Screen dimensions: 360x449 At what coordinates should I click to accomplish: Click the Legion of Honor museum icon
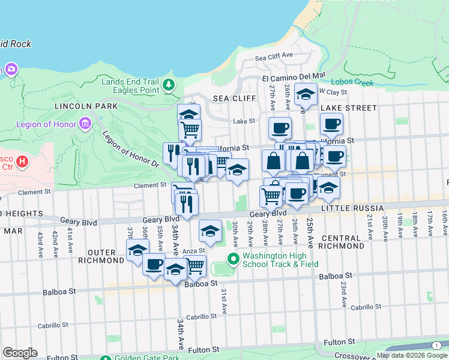point(85,124)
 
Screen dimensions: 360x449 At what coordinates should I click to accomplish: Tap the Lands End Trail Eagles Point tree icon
point(169,85)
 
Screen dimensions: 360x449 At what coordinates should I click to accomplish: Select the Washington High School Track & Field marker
point(234,260)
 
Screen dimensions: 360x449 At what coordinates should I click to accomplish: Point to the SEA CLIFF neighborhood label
point(234,98)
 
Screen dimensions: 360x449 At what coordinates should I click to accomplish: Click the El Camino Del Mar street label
point(294,77)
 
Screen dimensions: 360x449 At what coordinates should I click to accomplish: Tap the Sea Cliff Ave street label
point(273,57)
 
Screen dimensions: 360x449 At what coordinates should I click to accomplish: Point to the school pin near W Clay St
point(306,94)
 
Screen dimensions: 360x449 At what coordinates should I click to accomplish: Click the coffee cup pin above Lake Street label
point(331,124)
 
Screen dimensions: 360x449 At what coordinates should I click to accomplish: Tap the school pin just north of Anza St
point(210,231)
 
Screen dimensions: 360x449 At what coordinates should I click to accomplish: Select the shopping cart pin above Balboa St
point(195,266)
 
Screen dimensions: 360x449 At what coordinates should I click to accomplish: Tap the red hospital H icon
point(22,161)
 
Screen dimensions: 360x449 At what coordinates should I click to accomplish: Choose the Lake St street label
point(244,121)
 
